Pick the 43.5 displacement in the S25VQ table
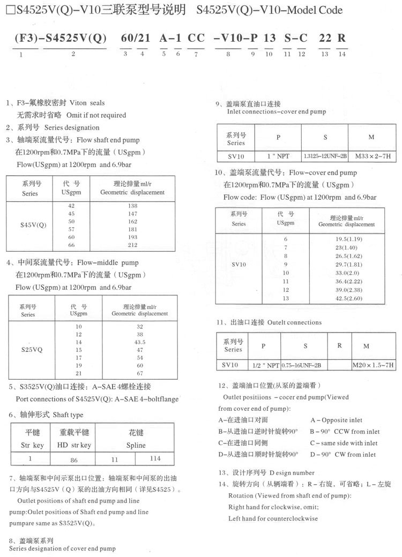tap(140, 342)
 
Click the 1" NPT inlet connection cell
tap(278, 156)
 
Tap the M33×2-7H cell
tap(371, 156)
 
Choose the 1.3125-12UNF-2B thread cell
tap(325, 156)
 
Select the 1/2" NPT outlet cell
tap(264, 365)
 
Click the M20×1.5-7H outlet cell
tap(373, 365)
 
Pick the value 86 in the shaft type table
tap(74, 460)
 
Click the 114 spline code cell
tap(155, 458)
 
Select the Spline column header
tap(136, 445)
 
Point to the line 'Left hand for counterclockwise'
tap(273, 518)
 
